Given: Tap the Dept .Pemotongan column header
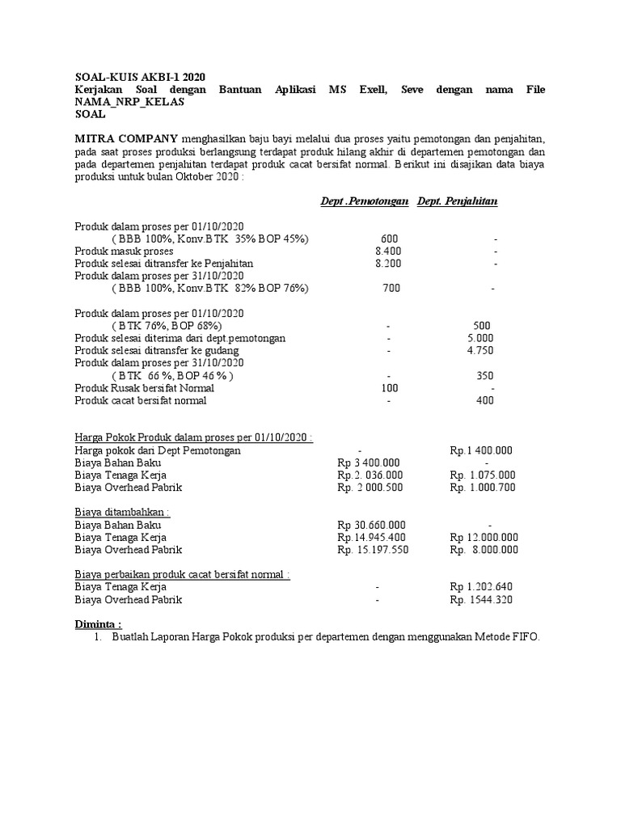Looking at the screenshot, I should click(364, 201).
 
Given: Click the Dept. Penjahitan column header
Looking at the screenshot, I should click(457, 201).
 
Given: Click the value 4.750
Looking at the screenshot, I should click(480, 350).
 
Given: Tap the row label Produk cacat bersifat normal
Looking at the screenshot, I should click(141, 400).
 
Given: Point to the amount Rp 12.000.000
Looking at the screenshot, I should click(484, 538).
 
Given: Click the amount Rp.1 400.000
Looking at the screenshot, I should click(481, 450).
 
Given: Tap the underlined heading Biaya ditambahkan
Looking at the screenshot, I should click(123, 513).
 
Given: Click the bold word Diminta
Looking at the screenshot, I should click(98, 624).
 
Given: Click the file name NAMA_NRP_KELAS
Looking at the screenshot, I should click(129, 102).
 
